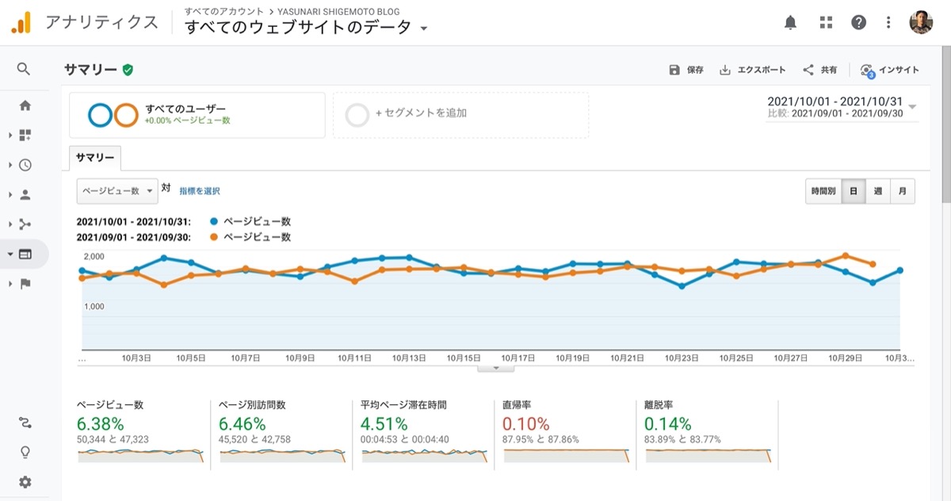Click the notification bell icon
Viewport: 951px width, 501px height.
pyautogui.click(x=790, y=22)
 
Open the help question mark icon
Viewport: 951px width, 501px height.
pyautogui.click(x=858, y=22)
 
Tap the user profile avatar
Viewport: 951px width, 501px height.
pyautogui.click(x=921, y=22)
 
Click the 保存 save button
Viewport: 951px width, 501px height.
pyautogui.click(x=686, y=70)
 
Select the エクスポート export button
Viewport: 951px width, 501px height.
pyautogui.click(x=752, y=70)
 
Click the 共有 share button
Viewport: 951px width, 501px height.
pyautogui.click(x=819, y=70)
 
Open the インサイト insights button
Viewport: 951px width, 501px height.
pyautogui.click(x=889, y=71)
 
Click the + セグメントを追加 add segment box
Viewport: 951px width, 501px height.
pyautogui.click(x=460, y=115)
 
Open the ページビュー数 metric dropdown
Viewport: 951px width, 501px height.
pyautogui.click(x=117, y=191)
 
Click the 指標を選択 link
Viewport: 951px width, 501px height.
pyautogui.click(x=200, y=191)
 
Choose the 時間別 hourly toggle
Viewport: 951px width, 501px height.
pyautogui.click(x=823, y=191)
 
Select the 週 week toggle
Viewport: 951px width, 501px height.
pyautogui.click(x=877, y=191)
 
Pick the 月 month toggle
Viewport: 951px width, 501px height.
pyautogui.click(x=903, y=191)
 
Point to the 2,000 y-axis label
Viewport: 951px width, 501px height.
pyautogui.click(x=94, y=256)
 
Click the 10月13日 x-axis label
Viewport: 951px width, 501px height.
pyautogui.click(x=409, y=358)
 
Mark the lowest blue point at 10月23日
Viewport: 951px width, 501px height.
pyautogui.click(x=682, y=286)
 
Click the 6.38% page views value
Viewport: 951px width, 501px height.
pyautogui.click(x=100, y=424)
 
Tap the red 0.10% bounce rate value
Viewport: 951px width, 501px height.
pyautogui.click(x=525, y=424)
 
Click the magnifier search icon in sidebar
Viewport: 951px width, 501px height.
pyautogui.click(x=24, y=69)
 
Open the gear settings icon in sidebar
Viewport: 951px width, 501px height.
pyautogui.click(x=25, y=482)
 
